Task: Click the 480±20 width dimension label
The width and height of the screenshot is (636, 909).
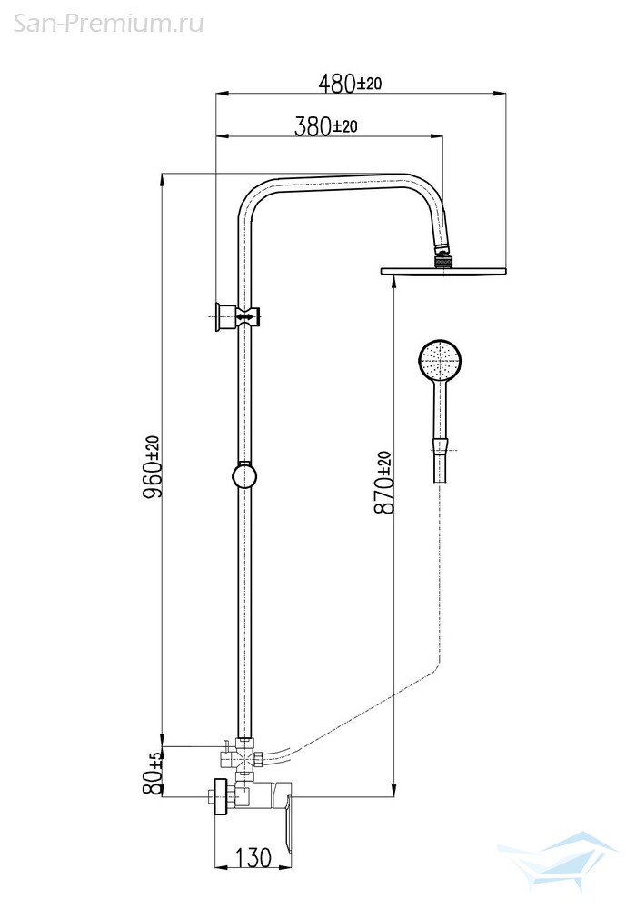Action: [x=350, y=84]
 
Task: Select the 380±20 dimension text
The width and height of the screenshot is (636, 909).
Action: [x=326, y=125]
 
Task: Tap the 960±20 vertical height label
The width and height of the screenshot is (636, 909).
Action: [x=153, y=466]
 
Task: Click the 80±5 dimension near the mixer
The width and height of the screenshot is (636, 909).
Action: [x=153, y=774]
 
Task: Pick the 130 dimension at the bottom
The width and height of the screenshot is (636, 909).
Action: [x=253, y=858]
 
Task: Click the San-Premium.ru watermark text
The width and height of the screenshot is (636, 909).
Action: [x=108, y=24]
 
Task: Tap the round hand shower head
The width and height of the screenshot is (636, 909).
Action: [x=440, y=361]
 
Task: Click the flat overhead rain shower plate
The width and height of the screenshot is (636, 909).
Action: [x=444, y=271]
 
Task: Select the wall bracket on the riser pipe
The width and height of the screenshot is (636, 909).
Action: [x=236, y=316]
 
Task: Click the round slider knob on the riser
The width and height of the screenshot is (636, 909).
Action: [x=244, y=477]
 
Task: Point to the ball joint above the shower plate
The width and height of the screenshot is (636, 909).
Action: [x=443, y=259]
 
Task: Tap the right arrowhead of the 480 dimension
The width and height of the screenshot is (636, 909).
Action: [x=500, y=93]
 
